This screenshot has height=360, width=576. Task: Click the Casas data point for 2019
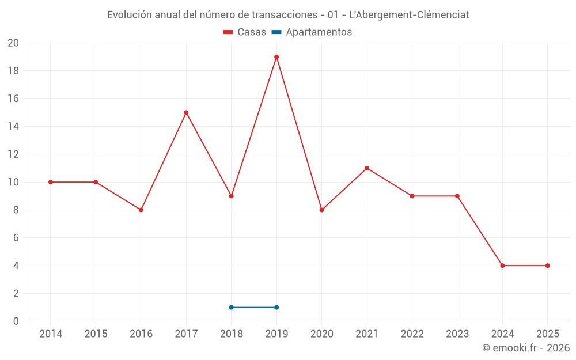[276, 57]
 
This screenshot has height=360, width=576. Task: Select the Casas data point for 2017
[186, 112]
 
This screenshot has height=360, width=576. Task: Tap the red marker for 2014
[51, 182]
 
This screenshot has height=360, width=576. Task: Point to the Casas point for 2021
[367, 168]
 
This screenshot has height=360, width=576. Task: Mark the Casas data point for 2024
[502, 266]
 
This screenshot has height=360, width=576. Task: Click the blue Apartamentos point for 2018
[232, 307]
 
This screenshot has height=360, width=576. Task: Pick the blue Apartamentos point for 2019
[276, 307]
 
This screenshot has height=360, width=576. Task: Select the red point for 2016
[141, 210]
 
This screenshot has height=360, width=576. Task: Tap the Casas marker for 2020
[321, 210]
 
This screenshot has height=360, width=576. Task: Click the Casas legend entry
[245, 32]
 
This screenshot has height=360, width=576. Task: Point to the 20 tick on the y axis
[13, 43]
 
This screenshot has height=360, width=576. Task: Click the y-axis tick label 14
[13, 127]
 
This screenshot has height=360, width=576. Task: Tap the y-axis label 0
[16, 321]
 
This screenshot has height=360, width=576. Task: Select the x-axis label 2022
[412, 334]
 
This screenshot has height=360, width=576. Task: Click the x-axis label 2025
[547, 334]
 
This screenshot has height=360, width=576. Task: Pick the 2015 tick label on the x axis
[96, 334]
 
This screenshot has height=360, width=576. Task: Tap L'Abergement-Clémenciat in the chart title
[409, 15]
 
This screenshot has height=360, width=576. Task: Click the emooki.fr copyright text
[526, 348]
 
